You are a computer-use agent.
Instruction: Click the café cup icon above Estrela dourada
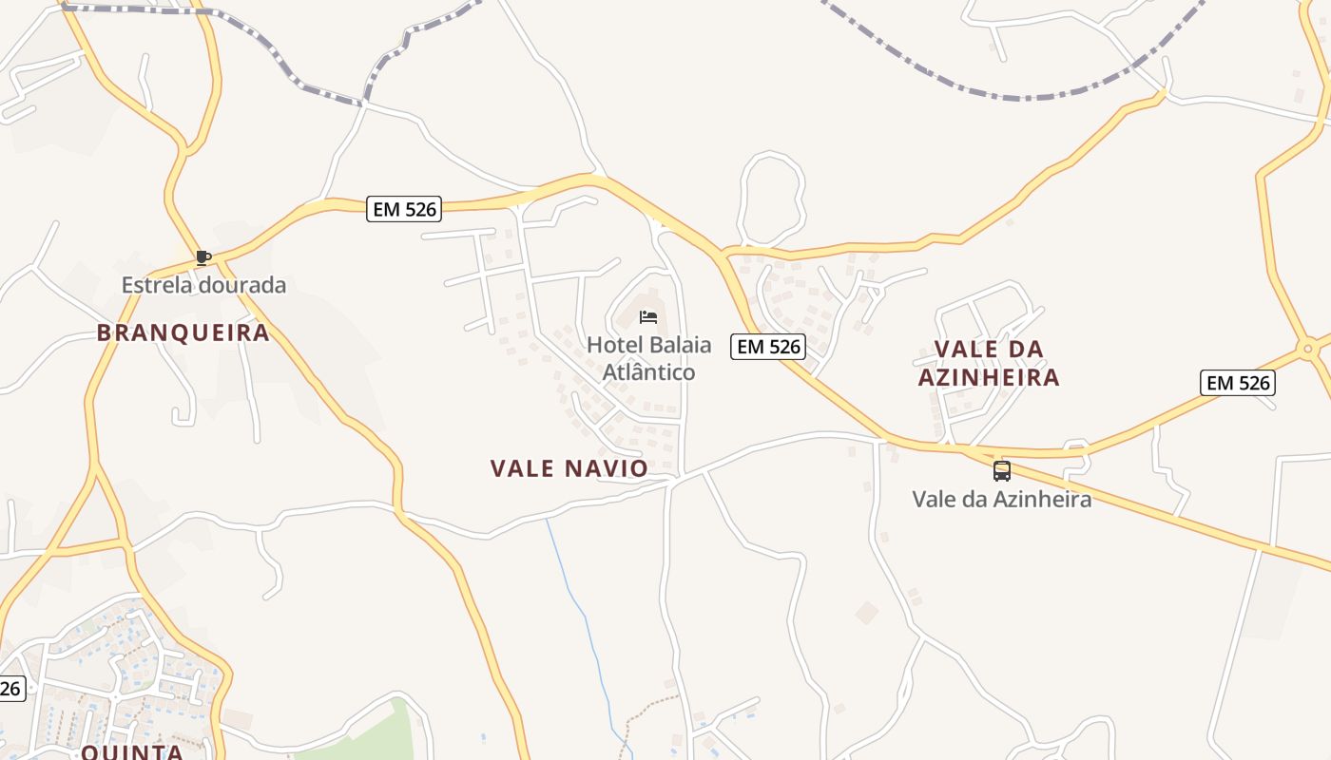tap(203, 256)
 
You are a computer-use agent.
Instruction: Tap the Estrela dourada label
tap(203, 285)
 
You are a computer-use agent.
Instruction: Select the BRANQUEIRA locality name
tap(183, 332)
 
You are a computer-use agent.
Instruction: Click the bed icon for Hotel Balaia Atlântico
tap(648, 317)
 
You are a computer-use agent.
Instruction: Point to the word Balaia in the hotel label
tap(671, 345)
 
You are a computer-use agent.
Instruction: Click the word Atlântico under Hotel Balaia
tap(649, 371)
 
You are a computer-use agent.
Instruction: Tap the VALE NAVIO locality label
tap(569, 468)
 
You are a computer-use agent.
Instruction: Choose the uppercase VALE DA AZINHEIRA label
tap(989, 363)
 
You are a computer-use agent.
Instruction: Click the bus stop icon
tap(1002, 470)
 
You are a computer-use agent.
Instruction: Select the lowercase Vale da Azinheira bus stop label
tap(1002, 499)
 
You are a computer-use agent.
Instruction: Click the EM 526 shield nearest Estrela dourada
tap(404, 209)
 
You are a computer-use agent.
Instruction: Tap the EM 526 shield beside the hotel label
tap(768, 347)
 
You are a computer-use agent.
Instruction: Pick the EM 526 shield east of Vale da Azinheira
tap(1237, 383)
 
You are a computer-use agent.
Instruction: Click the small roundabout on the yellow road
tap(1308, 349)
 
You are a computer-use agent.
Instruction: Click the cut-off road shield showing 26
tap(10, 689)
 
